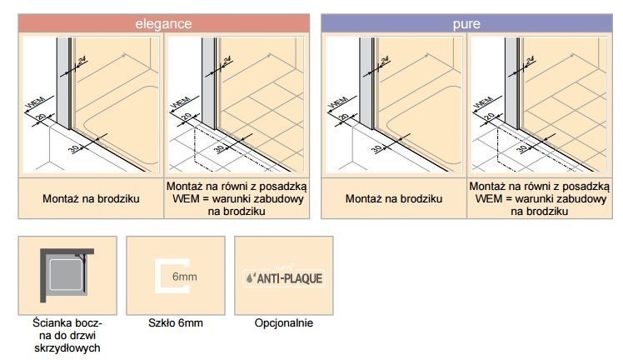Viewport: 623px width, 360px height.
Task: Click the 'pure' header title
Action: pos(466,24)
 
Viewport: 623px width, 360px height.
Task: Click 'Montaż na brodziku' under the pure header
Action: pos(394,200)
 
